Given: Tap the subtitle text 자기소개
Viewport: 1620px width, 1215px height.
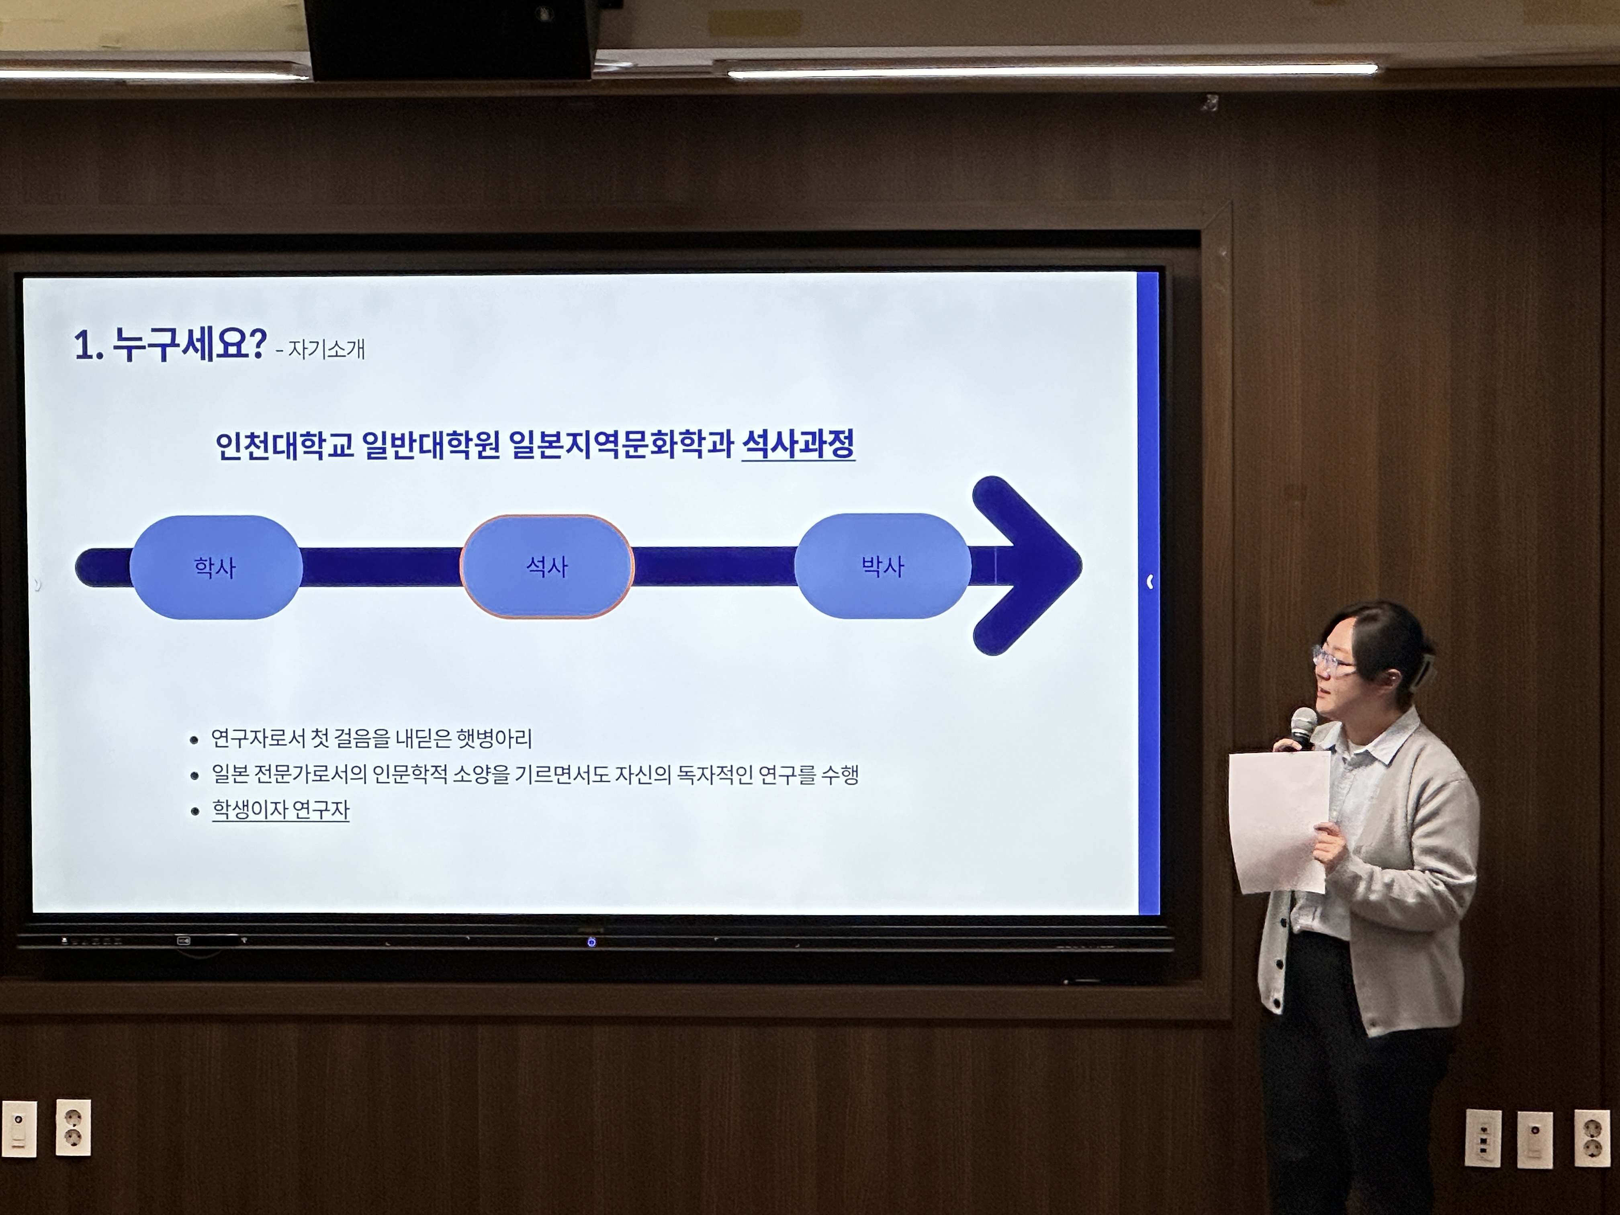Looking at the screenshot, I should coord(326,349).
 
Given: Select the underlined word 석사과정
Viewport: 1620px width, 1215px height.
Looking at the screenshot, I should coord(798,444).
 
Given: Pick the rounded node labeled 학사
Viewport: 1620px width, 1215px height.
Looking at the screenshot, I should coord(215,567).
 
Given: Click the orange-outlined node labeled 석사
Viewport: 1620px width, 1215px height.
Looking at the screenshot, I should coord(546,566).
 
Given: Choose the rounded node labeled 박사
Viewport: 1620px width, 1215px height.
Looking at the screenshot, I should coord(882,565).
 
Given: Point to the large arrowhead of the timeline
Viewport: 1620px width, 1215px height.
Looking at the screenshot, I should coord(1033,565).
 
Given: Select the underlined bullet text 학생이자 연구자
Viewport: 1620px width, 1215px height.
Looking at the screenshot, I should coord(280,809).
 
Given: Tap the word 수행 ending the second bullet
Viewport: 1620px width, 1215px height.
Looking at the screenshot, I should coord(839,774).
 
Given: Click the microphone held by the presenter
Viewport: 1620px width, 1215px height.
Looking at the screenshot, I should coord(1302,725).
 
